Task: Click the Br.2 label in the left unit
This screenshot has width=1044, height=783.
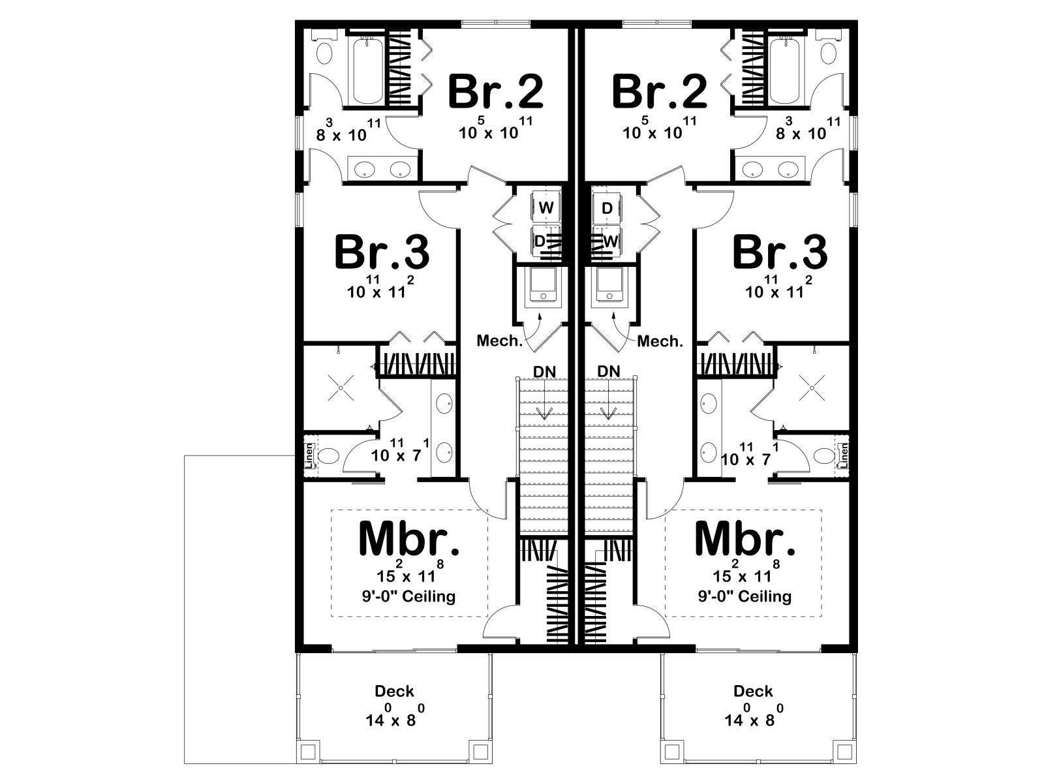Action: (496, 92)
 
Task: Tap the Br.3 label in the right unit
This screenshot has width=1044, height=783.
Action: (780, 253)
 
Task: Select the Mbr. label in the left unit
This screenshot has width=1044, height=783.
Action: (410, 538)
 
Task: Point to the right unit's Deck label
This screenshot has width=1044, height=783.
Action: (752, 691)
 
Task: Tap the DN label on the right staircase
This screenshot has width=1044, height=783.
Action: (609, 371)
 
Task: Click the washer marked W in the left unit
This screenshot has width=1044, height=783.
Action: (546, 207)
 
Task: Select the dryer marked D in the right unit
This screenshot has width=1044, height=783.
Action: (607, 207)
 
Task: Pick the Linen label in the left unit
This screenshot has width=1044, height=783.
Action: (310, 455)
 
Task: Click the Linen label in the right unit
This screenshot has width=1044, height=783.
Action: (844, 455)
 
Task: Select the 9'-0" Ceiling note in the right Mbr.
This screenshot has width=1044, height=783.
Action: (745, 596)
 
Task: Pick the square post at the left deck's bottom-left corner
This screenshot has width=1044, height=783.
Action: (307, 752)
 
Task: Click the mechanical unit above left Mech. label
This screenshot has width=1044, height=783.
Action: (543, 284)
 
